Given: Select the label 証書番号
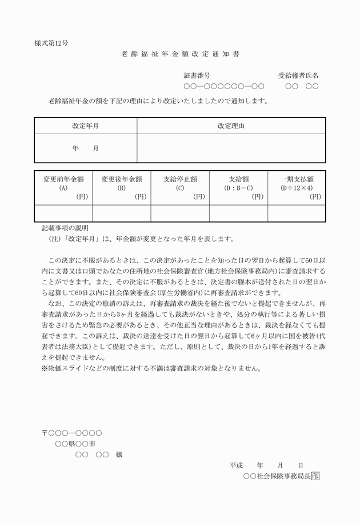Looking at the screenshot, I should pos(197,75).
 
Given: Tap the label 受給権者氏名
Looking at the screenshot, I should pos(298,75).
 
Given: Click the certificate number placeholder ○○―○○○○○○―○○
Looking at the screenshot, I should pos(223,87).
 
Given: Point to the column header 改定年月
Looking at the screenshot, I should pos(85,126).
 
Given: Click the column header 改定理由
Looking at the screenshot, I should pos(231,126).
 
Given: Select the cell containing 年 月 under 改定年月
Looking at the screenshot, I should pos(85,148).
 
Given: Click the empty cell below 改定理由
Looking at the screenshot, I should pos(231,148).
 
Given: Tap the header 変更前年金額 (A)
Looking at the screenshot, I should pos(63,187).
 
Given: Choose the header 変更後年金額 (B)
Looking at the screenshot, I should pos(122,187).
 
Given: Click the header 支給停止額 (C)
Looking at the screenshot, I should pos(180,187).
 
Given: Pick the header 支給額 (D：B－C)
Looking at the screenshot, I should pos(238,187).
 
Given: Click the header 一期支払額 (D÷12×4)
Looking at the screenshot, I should pos(297,187).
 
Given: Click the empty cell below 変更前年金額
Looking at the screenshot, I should pos(63,213).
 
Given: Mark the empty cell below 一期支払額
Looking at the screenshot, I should pos(297,213).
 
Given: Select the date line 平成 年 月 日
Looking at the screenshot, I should pos(266,465).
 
